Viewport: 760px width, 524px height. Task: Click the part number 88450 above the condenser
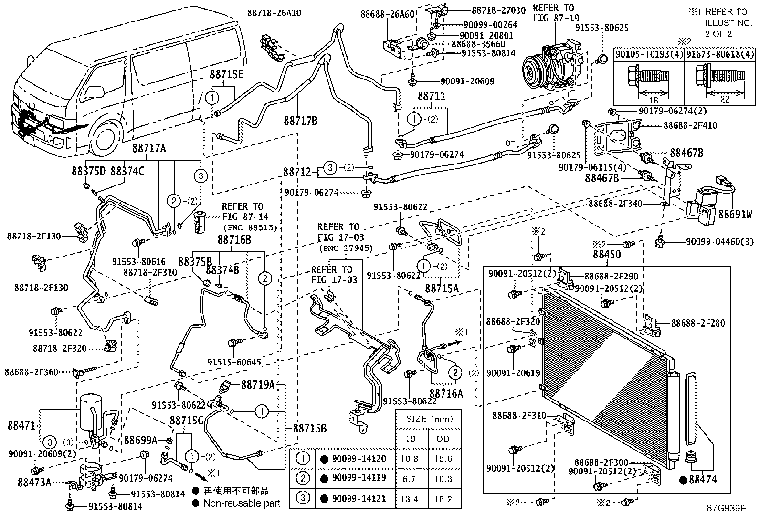click(607, 254)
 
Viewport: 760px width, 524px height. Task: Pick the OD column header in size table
click(443, 439)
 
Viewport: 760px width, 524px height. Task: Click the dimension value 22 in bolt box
click(725, 100)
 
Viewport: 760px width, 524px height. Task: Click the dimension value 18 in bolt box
click(654, 100)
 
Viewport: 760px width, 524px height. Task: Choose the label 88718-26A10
click(274, 13)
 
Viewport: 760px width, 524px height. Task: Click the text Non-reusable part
click(242, 503)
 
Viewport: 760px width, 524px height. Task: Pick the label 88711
click(432, 96)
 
